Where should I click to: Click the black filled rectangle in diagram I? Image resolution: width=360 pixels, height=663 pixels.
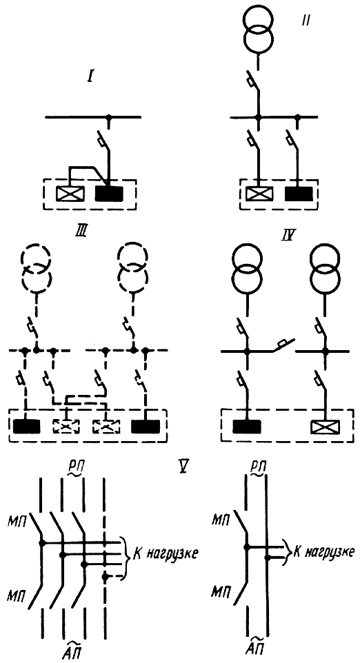pos(109,193)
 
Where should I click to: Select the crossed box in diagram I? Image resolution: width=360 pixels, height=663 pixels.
pos(70,193)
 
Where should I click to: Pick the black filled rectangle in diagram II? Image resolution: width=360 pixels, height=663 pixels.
pos(299,193)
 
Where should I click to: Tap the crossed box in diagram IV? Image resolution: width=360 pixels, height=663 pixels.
pos(324,427)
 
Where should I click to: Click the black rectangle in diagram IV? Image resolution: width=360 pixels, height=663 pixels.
pos(247,427)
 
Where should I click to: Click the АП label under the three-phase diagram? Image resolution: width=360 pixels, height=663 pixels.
pos(74,651)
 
